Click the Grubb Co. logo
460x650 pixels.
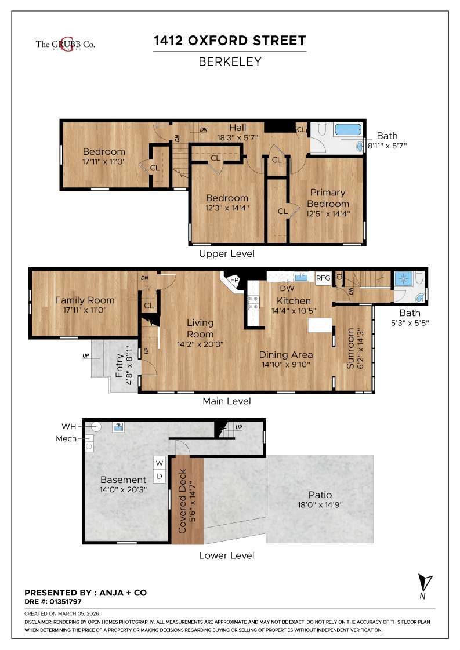(x=65, y=44)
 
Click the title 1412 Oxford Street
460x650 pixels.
(x=230, y=41)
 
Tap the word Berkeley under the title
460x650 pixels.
(x=230, y=61)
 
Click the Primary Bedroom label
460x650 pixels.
(x=328, y=198)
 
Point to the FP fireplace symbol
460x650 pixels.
(x=234, y=279)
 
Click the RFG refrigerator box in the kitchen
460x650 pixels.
(x=323, y=278)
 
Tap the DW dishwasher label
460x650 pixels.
(x=287, y=288)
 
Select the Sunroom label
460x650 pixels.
(x=350, y=348)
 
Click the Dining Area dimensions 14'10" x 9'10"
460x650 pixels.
(x=286, y=365)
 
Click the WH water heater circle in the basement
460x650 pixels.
(x=97, y=426)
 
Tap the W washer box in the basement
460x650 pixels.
(x=160, y=463)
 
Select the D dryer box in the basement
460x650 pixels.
(x=160, y=477)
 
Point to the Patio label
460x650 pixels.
(x=320, y=495)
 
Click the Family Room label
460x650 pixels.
(x=85, y=300)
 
